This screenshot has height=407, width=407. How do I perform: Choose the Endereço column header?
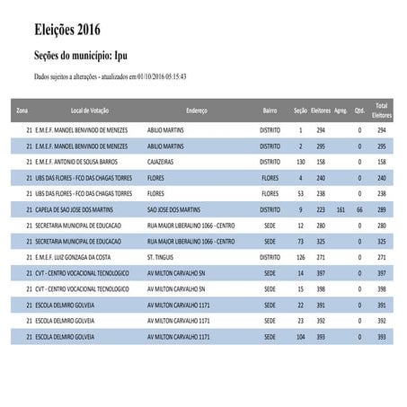[x=196, y=111]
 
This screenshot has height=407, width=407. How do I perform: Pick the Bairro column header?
[x=270, y=111]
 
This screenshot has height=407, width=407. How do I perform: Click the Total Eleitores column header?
[x=381, y=111]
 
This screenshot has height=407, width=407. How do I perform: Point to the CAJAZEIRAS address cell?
[x=166, y=162]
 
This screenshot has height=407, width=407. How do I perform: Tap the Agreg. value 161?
[x=341, y=208]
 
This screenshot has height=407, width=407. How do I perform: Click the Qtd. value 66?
[x=359, y=208]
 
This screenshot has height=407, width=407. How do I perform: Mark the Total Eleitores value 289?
[x=381, y=208]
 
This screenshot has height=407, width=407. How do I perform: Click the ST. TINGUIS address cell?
[x=162, y=256]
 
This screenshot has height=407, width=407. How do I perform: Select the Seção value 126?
[x=300, y=256]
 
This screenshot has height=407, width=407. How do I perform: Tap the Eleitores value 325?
[x=321, y=241]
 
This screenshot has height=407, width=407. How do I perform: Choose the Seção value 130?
[x=300, y=162]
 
